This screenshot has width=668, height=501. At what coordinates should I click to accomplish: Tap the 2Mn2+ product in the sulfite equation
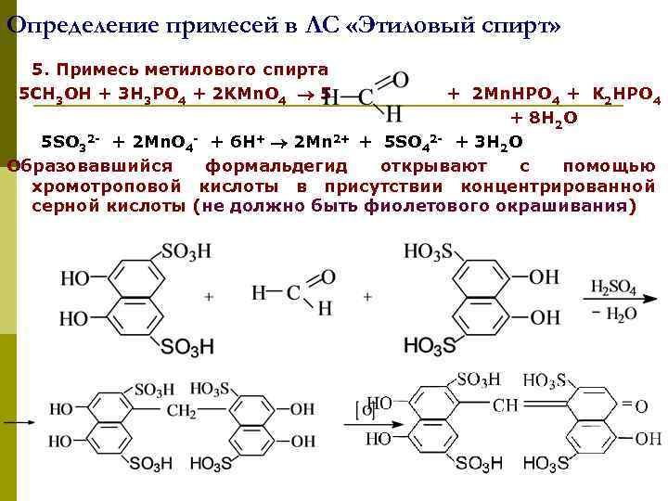(321, 142)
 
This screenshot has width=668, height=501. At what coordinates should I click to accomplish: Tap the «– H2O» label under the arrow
(613, 315)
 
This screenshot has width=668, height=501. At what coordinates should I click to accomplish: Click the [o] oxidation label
(365, 409)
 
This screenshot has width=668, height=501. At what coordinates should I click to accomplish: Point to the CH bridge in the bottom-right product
(506, 405)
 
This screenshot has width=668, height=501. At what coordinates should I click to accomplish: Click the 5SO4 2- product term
(413, 142)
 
